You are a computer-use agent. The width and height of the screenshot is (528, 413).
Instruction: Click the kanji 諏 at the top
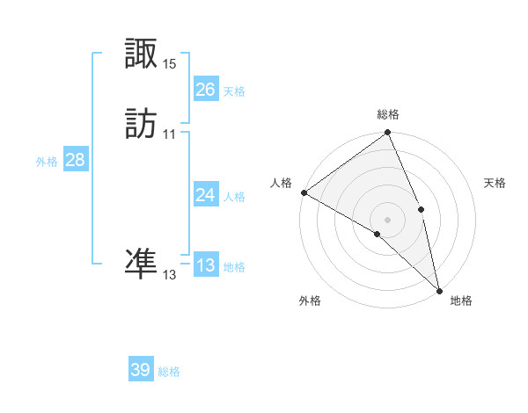tap(142, 54)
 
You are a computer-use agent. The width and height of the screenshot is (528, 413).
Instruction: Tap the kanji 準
tap(142, 263)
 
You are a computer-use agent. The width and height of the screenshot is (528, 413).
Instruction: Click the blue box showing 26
tap(205, 90)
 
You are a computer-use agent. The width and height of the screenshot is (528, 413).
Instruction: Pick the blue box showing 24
tap(205, 195)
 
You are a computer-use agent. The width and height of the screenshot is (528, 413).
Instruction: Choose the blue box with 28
tap(75, 160)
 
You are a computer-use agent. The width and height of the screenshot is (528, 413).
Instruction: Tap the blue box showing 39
tap(141, 370)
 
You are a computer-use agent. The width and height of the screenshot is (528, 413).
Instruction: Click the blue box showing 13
tap(205, 265)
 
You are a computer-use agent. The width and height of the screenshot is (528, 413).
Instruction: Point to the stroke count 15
tap(169, 63)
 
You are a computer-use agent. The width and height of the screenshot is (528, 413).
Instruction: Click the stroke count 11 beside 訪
tap(169, 134)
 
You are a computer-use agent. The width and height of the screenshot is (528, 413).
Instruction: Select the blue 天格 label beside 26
tap(234, 91)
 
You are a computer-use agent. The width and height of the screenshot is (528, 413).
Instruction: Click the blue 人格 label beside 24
tap(234, 197)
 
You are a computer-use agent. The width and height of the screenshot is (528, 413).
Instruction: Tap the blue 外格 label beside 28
tap(47, 162)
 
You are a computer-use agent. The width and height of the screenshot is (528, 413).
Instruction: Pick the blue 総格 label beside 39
tap(169, 372)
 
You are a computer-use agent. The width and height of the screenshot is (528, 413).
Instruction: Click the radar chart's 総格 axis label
tap(388, 114)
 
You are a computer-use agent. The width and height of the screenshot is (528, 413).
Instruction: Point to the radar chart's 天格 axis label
tap(495, 183)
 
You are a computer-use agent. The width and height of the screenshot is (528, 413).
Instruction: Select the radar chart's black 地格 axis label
tap(461, 301)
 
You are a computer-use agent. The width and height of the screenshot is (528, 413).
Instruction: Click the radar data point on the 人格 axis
tap(304, 192)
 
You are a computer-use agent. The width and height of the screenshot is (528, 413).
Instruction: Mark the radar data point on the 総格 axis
tap(388, 133)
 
